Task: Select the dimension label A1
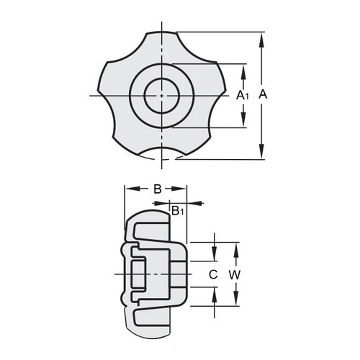(243, 95)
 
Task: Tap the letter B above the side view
(156, 189)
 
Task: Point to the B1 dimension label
(177, 210)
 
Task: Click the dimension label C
(213, 274)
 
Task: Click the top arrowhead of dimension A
(261, 37)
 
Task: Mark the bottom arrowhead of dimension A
(261, 153)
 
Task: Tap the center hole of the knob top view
(163, 95)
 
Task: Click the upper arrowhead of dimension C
(214, 256)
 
